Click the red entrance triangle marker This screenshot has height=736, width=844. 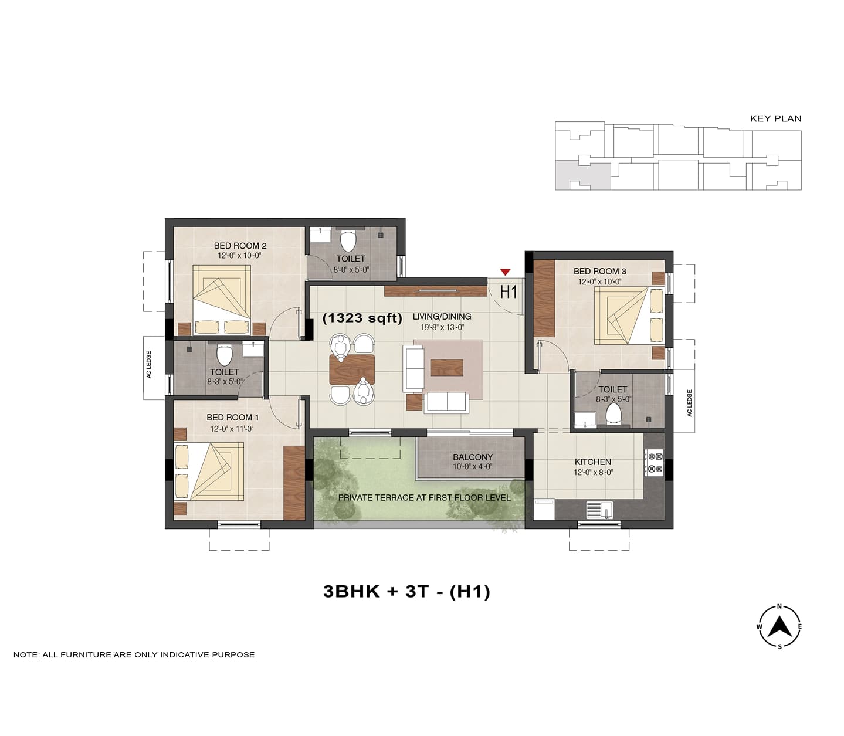[x=506, y=272]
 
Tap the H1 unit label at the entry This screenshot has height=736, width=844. [x=508, y=292]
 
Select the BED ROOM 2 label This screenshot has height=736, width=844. [x=240, y=246]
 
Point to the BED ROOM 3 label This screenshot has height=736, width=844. [x=600, y=272]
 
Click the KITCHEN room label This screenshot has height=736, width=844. [x=593, y=462]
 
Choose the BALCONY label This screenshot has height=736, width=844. [x=473, y=457]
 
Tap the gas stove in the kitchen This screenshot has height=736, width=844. [x=654, y=463]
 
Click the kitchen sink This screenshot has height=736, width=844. [x=599, y=510]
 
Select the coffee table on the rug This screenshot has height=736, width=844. [x=447, y=367]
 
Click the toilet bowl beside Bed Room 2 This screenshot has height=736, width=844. [x=348, y=241]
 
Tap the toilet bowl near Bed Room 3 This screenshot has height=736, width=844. [x=613, y=413]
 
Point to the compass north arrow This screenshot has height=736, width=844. [x=780, y=627]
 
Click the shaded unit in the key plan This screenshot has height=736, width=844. [x=582, y=176]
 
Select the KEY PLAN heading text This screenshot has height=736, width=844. [x=775, y=118]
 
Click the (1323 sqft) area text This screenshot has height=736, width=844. [x=362, y=318]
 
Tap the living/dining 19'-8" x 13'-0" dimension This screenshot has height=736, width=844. [x=442, y=328]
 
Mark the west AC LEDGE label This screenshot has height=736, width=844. [x=149, y=364]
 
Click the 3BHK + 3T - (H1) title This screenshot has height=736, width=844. [x=406, y=592]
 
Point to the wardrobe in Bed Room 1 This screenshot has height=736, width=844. [x=294, y=483]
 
